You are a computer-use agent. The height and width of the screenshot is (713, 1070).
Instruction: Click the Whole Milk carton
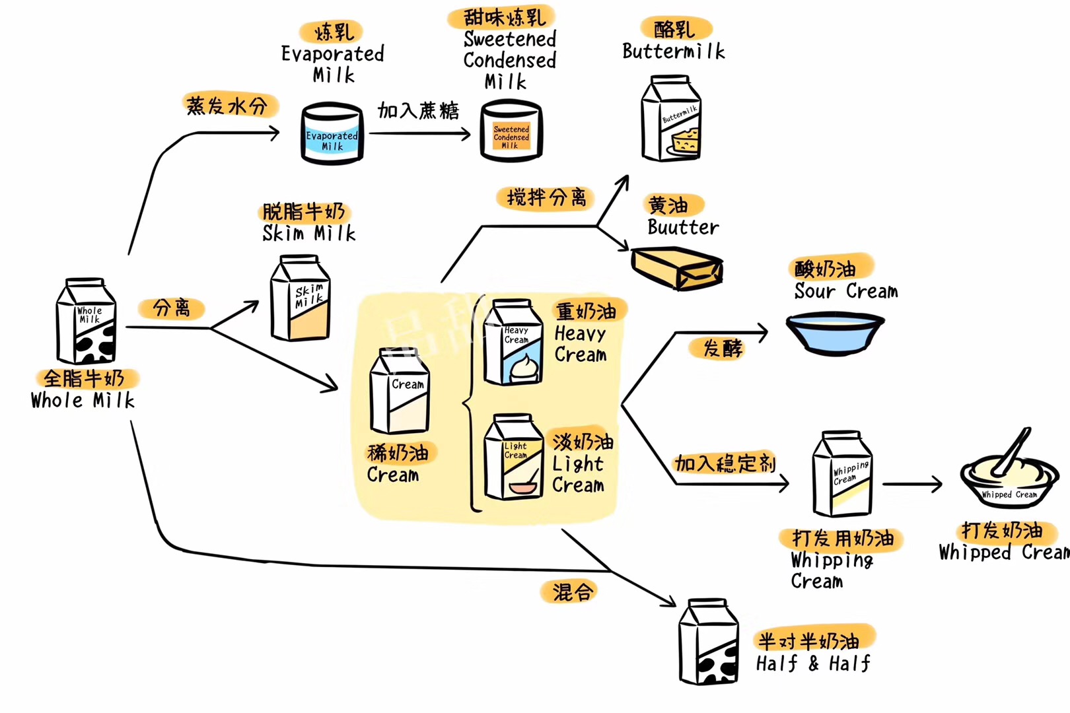pos(87,322)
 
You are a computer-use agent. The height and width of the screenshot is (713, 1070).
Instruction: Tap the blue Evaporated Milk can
pos(332,133)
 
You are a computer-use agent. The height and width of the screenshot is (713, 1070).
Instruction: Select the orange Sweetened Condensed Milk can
pos(511,132)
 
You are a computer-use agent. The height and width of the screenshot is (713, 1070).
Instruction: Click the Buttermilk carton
pos(671,119)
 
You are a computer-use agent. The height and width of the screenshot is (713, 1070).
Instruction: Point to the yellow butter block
pos(676,267)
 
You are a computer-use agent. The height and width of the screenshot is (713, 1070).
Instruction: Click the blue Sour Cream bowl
pos(835,333)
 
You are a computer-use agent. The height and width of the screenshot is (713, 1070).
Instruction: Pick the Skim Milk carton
pos(301,299)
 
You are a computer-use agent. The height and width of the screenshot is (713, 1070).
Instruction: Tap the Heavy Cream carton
pos(513,343)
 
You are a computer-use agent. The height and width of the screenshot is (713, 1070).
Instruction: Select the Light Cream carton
pos(513,458)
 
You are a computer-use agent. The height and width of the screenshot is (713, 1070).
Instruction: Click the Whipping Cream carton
pos(842,474)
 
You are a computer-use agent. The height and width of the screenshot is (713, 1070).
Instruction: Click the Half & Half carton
pos(709,642)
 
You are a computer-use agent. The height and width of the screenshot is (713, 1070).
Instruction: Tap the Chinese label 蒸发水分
pos(227,106)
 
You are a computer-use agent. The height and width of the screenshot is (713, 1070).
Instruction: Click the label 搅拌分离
pos(546,197)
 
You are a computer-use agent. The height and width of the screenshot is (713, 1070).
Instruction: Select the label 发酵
pos(723,348)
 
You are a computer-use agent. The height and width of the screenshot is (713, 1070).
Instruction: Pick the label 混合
pos(572,592)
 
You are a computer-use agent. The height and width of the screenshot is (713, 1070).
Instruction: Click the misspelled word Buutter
pos(682,228)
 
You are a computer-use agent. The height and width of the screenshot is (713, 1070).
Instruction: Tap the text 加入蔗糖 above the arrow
pos(418,110)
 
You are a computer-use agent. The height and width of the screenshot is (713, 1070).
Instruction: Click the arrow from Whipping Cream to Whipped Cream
pos(913,485)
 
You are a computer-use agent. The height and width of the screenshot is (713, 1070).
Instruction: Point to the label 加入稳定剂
pos(725,463)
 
